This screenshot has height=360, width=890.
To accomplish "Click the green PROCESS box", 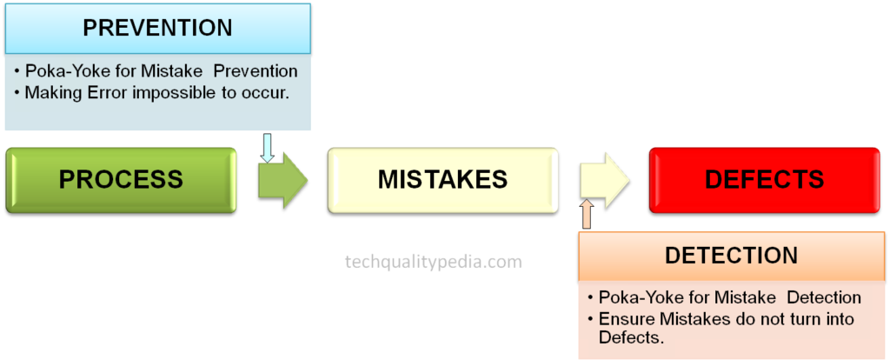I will coord(121,180).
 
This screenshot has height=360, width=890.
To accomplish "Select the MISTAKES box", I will coord(442,180).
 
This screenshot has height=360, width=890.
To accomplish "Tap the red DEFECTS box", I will coord(764,180).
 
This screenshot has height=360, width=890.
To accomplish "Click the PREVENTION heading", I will coord(157,28).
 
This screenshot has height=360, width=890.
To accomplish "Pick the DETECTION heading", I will coord(731,256).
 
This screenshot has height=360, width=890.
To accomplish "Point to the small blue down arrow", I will coord(267,148).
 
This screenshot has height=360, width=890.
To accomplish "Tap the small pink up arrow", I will coord(586,214).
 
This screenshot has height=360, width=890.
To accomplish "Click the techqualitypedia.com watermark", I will coord(433,261).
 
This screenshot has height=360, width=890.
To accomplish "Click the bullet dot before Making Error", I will coord(17,92).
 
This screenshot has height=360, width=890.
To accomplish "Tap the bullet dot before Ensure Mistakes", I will coord(590,319).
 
